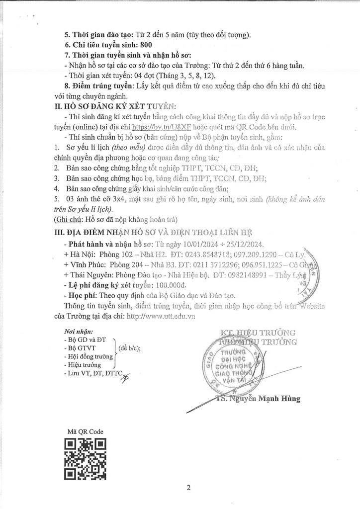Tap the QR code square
(x=86, y=460)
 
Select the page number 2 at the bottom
(x=189, y=488)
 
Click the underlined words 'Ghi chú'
(x=68, y=220)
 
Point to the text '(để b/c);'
(x=130, y=348)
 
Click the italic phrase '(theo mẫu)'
(x=127, y=148)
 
